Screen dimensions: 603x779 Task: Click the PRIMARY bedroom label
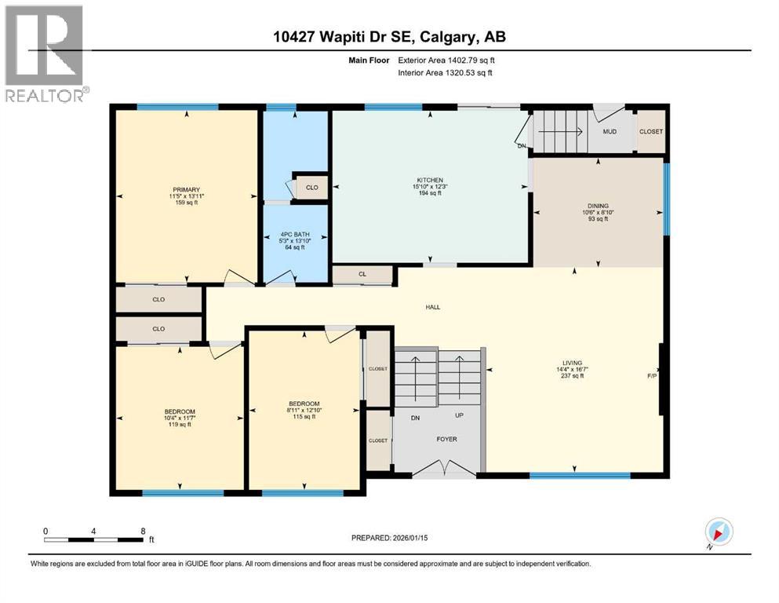(187, 189)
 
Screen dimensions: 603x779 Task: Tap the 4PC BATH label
(293, 235)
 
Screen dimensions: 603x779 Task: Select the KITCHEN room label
(430, 181)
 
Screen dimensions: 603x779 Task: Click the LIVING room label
(572, 363)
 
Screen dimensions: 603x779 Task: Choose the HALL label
(432, 308)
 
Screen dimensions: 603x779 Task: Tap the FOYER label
(446, 439)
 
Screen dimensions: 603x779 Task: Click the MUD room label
(610, 131)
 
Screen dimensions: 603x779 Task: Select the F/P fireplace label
(651, 376)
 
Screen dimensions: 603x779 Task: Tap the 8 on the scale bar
(141, 531)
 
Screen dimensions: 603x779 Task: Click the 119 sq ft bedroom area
(180, 425)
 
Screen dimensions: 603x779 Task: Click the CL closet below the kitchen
(362, 275)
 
